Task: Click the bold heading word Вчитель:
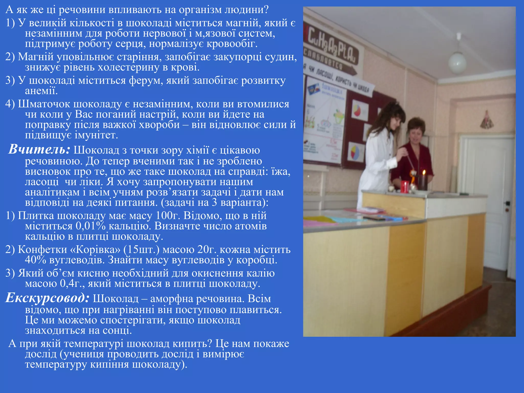point(39,149)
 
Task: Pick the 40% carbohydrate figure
point(36,260)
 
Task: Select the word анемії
point(41,91)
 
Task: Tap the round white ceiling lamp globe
point(457,63)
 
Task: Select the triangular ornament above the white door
point(486,119)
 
